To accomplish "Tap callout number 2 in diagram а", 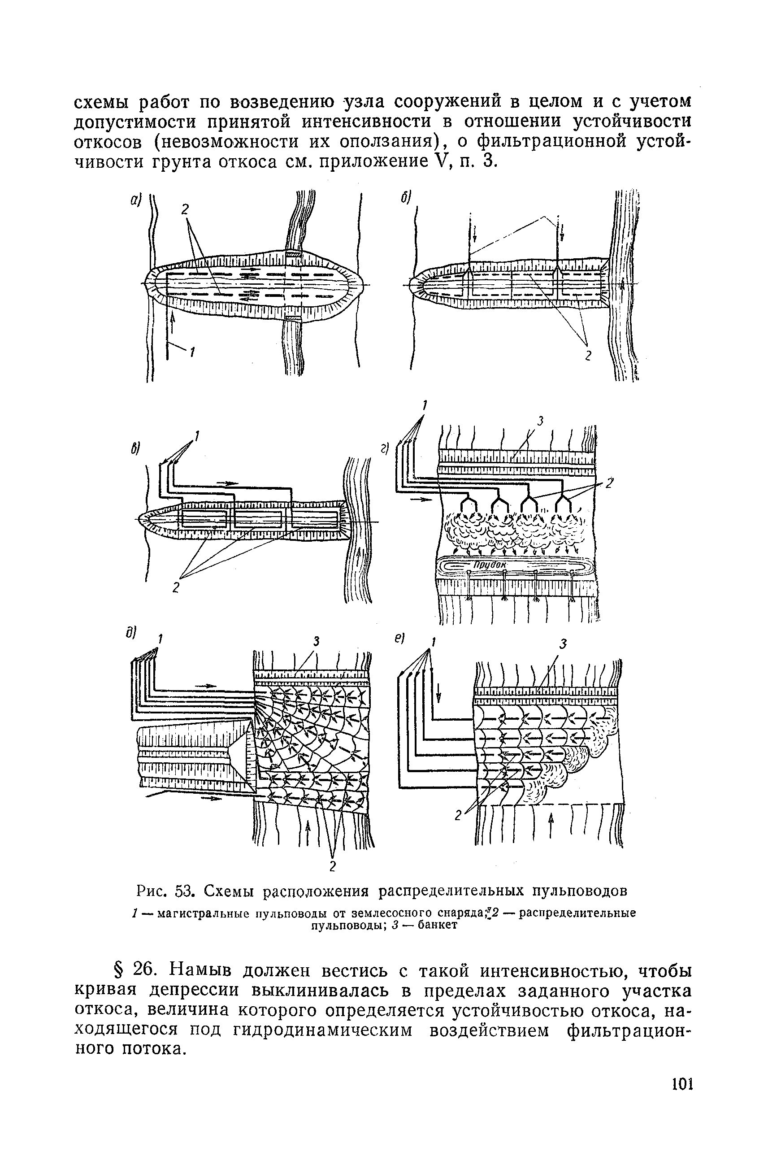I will coord(185,210).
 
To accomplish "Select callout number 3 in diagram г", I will coord(541,420).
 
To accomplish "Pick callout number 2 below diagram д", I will coord(333,867).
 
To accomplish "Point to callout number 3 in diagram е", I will coord(563,645).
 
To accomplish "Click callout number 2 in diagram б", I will coord(588,356).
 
